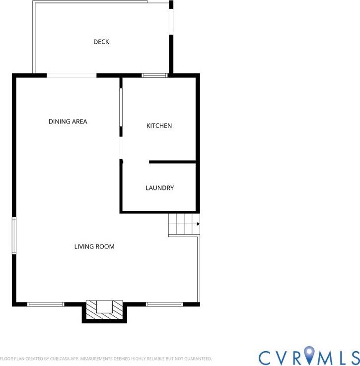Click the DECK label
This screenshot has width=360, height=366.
coord(101,42)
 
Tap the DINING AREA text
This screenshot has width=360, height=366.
coord(68,122)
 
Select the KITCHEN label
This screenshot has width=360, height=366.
coord(159,125)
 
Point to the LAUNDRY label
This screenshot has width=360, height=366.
coord(160,188)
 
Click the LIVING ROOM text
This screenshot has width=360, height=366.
coord(94,246)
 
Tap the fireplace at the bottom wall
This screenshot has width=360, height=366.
coord(104,310)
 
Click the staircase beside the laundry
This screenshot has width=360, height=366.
coord(184,224)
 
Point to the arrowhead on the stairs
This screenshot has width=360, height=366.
coord(198,224)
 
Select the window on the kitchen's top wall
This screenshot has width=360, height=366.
coord(154,75)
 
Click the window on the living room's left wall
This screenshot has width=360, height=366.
coord(14,235)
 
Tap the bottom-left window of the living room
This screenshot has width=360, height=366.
coord(46,304)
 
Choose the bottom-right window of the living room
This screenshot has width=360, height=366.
coord(164,304)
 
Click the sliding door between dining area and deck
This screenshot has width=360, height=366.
coord(72,75)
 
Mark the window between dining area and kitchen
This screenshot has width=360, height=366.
coord(121,108)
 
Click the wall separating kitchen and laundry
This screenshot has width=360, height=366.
coord(172,162)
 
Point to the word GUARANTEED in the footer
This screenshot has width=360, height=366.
coord(198,359)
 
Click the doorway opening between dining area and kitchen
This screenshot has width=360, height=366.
coord(121,148)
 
